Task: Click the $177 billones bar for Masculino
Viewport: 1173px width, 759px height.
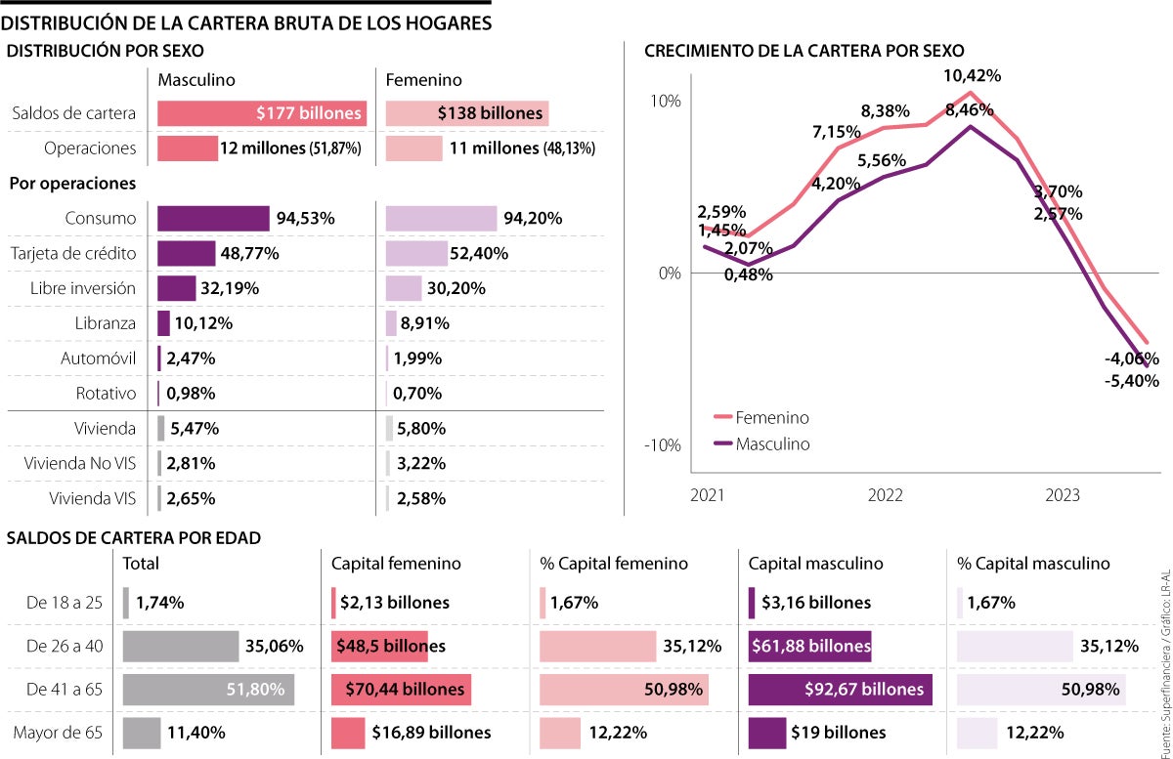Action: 262,113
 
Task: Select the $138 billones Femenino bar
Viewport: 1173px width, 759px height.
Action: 467,113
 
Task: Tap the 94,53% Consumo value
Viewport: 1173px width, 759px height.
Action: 305,219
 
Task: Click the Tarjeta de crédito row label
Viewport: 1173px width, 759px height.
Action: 73,254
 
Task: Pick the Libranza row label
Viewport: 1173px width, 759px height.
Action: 103,323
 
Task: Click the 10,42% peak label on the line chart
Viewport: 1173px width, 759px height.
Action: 972,75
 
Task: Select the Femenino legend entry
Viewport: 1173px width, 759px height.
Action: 772,418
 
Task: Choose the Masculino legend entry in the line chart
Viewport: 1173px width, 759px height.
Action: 772,444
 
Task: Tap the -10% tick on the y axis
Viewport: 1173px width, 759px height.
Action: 661,445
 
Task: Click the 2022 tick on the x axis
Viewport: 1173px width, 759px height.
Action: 886,496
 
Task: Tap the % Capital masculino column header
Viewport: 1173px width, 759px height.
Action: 1033,564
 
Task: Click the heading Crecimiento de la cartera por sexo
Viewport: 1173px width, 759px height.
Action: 804,50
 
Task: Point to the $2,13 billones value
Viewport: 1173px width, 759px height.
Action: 395,603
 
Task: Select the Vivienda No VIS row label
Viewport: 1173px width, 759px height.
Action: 80,463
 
